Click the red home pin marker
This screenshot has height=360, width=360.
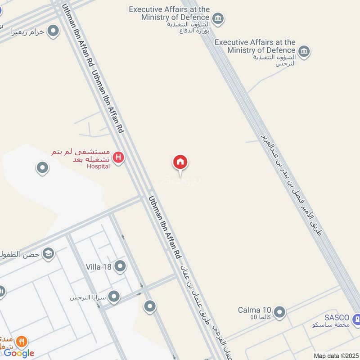[180, 162]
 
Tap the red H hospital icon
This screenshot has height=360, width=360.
[118, 157]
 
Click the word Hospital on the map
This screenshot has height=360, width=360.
[99, 166]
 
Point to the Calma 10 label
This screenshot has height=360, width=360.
[255, 310]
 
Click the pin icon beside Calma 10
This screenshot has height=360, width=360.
[279, 311]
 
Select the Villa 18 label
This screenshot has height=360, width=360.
[99, 267]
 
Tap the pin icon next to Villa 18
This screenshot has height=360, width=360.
[120, 267]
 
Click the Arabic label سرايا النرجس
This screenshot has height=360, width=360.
[87, 297]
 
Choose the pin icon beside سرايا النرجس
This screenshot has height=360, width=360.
[114, 297]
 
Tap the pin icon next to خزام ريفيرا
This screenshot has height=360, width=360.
[54, 31]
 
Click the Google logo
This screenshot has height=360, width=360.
[19, 353]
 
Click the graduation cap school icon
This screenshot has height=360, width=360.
[48, 254]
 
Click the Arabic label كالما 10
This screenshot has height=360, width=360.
[261, 318]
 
